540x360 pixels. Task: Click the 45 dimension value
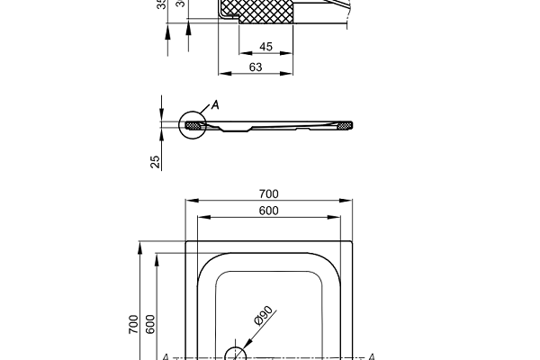(x=265, y=47)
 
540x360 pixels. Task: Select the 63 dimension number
(x=256, y=67)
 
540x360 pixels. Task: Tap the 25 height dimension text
(x=155, y=161)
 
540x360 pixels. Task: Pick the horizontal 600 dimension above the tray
(x=268, y=211)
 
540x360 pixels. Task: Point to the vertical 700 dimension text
(x=133, y=324)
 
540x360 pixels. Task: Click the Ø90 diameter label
(x=262, y=316)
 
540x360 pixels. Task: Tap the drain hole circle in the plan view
(x=235, y=353)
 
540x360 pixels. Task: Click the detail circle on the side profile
(x=192, y=124)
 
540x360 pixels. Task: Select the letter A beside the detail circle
(x=214, y=105)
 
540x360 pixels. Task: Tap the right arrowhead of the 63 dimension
(x=292, y=75)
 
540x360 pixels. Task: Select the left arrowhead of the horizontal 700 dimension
(x=189, y=202)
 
